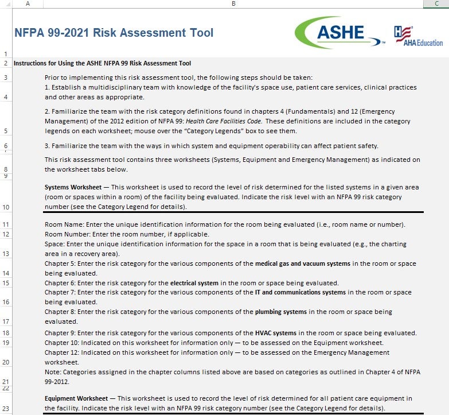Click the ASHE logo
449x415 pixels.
341,33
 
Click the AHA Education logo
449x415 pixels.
418,36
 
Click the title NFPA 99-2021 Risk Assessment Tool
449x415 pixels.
114,33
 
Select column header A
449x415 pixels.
28,4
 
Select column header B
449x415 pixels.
233,4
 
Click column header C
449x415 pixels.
436,4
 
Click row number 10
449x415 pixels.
6,207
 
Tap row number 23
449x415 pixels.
6,409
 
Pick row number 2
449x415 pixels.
6,63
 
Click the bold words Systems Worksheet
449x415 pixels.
73,188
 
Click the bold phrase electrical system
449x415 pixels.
194,283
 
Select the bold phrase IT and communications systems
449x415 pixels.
300,293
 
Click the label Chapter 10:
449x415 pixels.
63,343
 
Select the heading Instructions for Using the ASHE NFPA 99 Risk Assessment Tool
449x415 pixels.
102,63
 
